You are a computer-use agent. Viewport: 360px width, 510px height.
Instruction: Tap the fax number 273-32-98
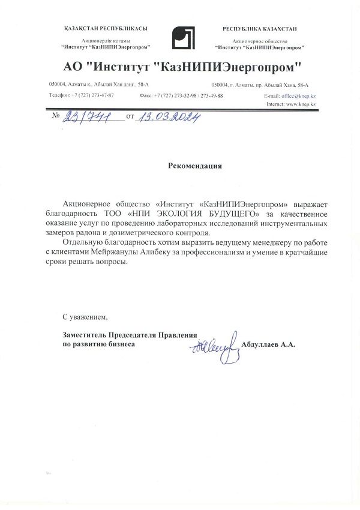(x=181, y=96)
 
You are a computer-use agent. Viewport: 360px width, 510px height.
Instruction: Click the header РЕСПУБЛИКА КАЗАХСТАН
(x=259, y=29)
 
